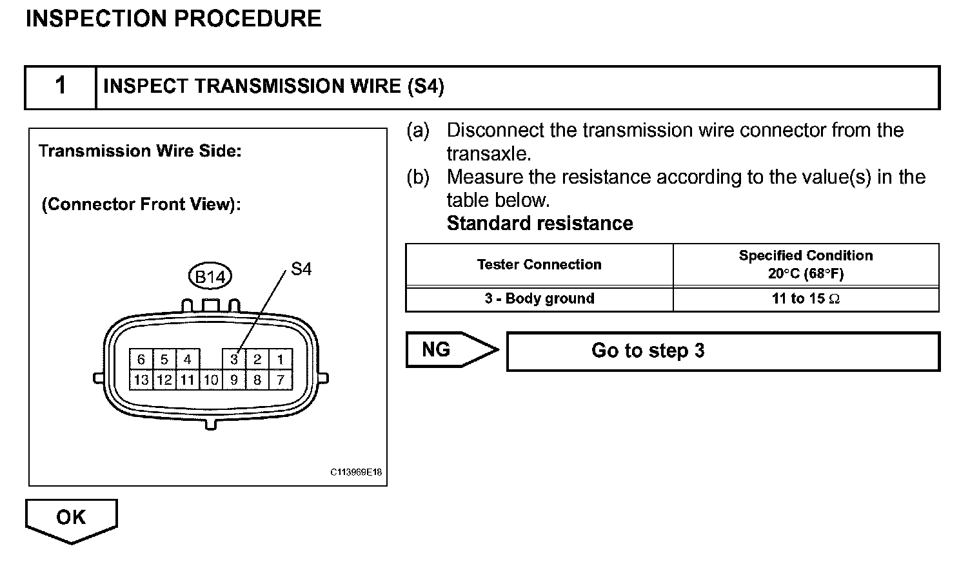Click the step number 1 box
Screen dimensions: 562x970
pyautogui.click(x=60, y=86)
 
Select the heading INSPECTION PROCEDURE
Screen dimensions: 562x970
pyautogui.click(x=173, y=19)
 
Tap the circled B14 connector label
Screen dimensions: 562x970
pyautogui.click(x=210, y=277)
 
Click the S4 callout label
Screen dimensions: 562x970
pyautogui.click(x=301, y=269)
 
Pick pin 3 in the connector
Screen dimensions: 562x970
pyautogui.click(x=234, y=360)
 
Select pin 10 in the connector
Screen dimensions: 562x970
pyautogui.click(x=211, y=380)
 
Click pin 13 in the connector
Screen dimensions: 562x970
pyautogui.click(x=141, y=380)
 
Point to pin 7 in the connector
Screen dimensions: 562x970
pyautogui.click(x=281, y=380)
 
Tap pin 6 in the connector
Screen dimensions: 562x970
pyautogui.click(x=141, y=360)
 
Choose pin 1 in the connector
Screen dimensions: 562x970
pyautogui.click(x=281, y=360)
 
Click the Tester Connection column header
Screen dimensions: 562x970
pyautogui.click(x=539, y=264)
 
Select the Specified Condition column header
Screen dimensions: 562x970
pyautogui.click(x=806, y=264)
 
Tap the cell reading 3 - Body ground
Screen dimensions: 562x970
pyautogui.click(x=539, y=298)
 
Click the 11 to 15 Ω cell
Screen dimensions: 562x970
pyautogui.click(x=806, y=298)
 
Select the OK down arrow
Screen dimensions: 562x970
pyautogui.click(x=71, y=519)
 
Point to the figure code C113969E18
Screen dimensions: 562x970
pyautogui.click(x=356, y=472)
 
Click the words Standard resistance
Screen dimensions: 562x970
pyautogui.click(x=540, y=224)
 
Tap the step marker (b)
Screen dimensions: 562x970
pyautogui.click(x=418, y=177)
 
